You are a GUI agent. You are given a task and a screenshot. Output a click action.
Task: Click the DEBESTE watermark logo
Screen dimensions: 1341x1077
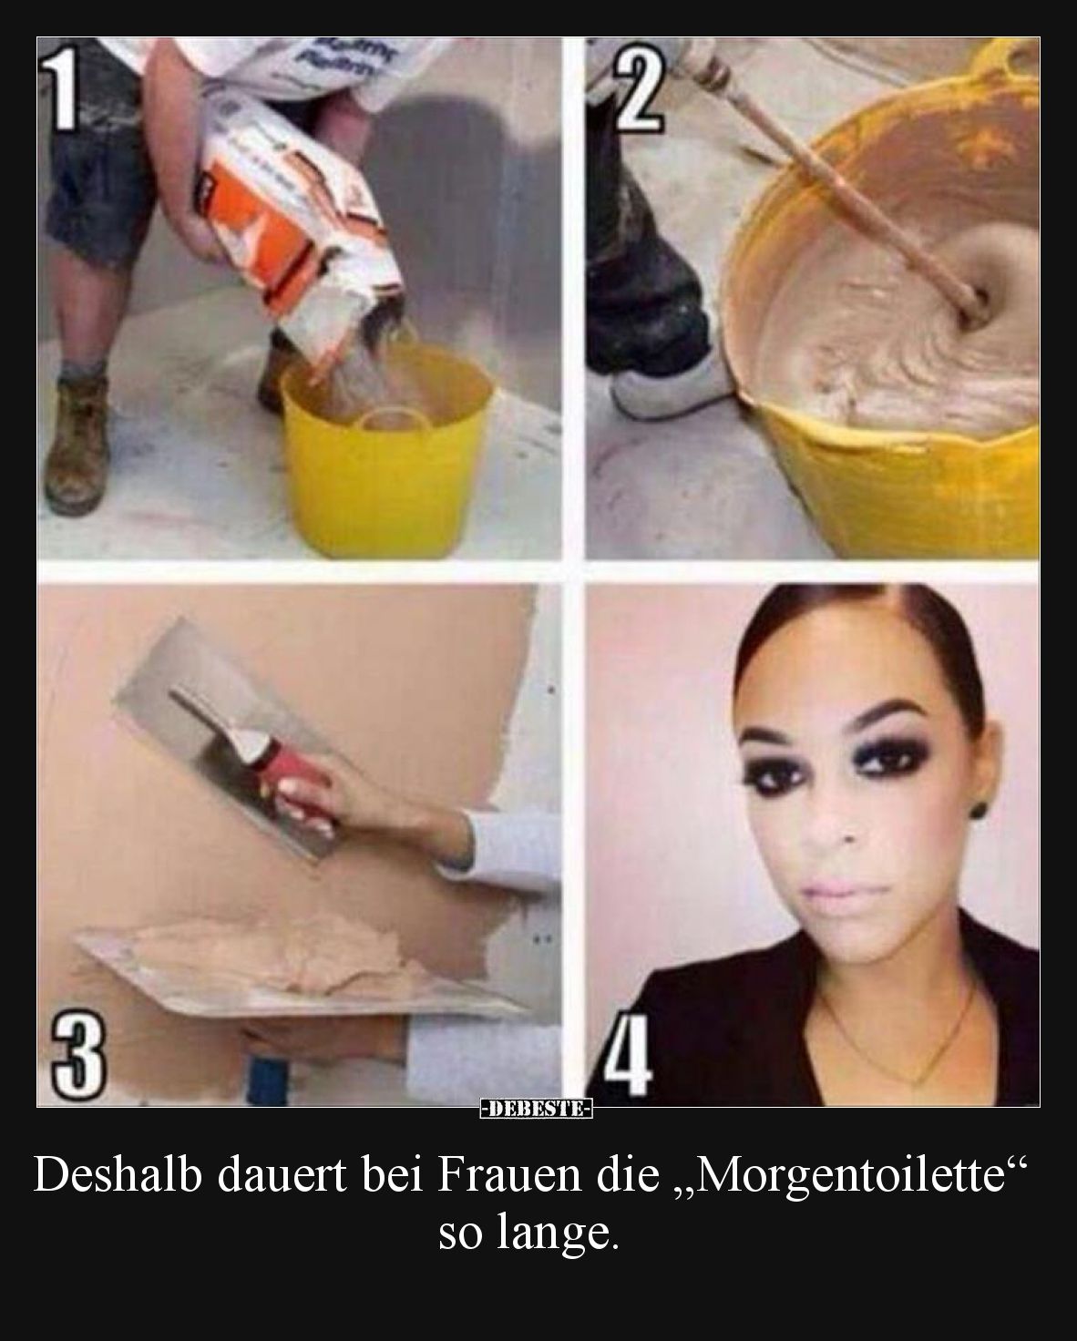point(538,1109)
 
